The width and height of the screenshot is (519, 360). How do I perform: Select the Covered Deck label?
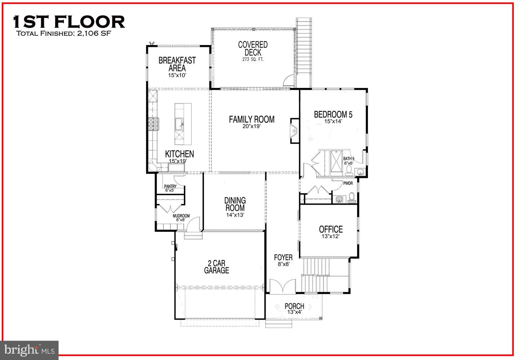click(x=253, y=49)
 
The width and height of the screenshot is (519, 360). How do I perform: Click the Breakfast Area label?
click(x=177, y=64)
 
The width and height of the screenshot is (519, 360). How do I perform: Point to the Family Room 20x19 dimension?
click(x=252, y=126)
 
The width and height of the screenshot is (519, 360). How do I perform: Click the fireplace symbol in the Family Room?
click(x=294, y=131)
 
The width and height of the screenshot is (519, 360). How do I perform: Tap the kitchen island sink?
click(x=179, y=124)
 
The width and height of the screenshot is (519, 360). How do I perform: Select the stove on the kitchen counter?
click(x=153, y=124)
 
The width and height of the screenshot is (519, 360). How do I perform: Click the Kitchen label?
click(x=179, y=154)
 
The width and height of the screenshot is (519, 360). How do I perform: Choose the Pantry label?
click(x=170, y=187)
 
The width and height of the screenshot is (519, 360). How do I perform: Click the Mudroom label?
click(x=181, y=216)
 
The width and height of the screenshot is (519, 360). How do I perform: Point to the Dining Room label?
click(x=235, y=204)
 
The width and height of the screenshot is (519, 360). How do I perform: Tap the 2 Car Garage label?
click(x=217, y=267)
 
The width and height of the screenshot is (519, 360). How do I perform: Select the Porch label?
click(x=294, y=306)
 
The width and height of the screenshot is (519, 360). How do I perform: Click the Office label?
click(x=331, y=229)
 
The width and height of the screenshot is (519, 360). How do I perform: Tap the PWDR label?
click(x=348, y=183)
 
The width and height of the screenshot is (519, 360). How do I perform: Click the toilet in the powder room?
click(x=352, y=198)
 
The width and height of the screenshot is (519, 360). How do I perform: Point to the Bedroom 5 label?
click(x=333, y=115)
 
